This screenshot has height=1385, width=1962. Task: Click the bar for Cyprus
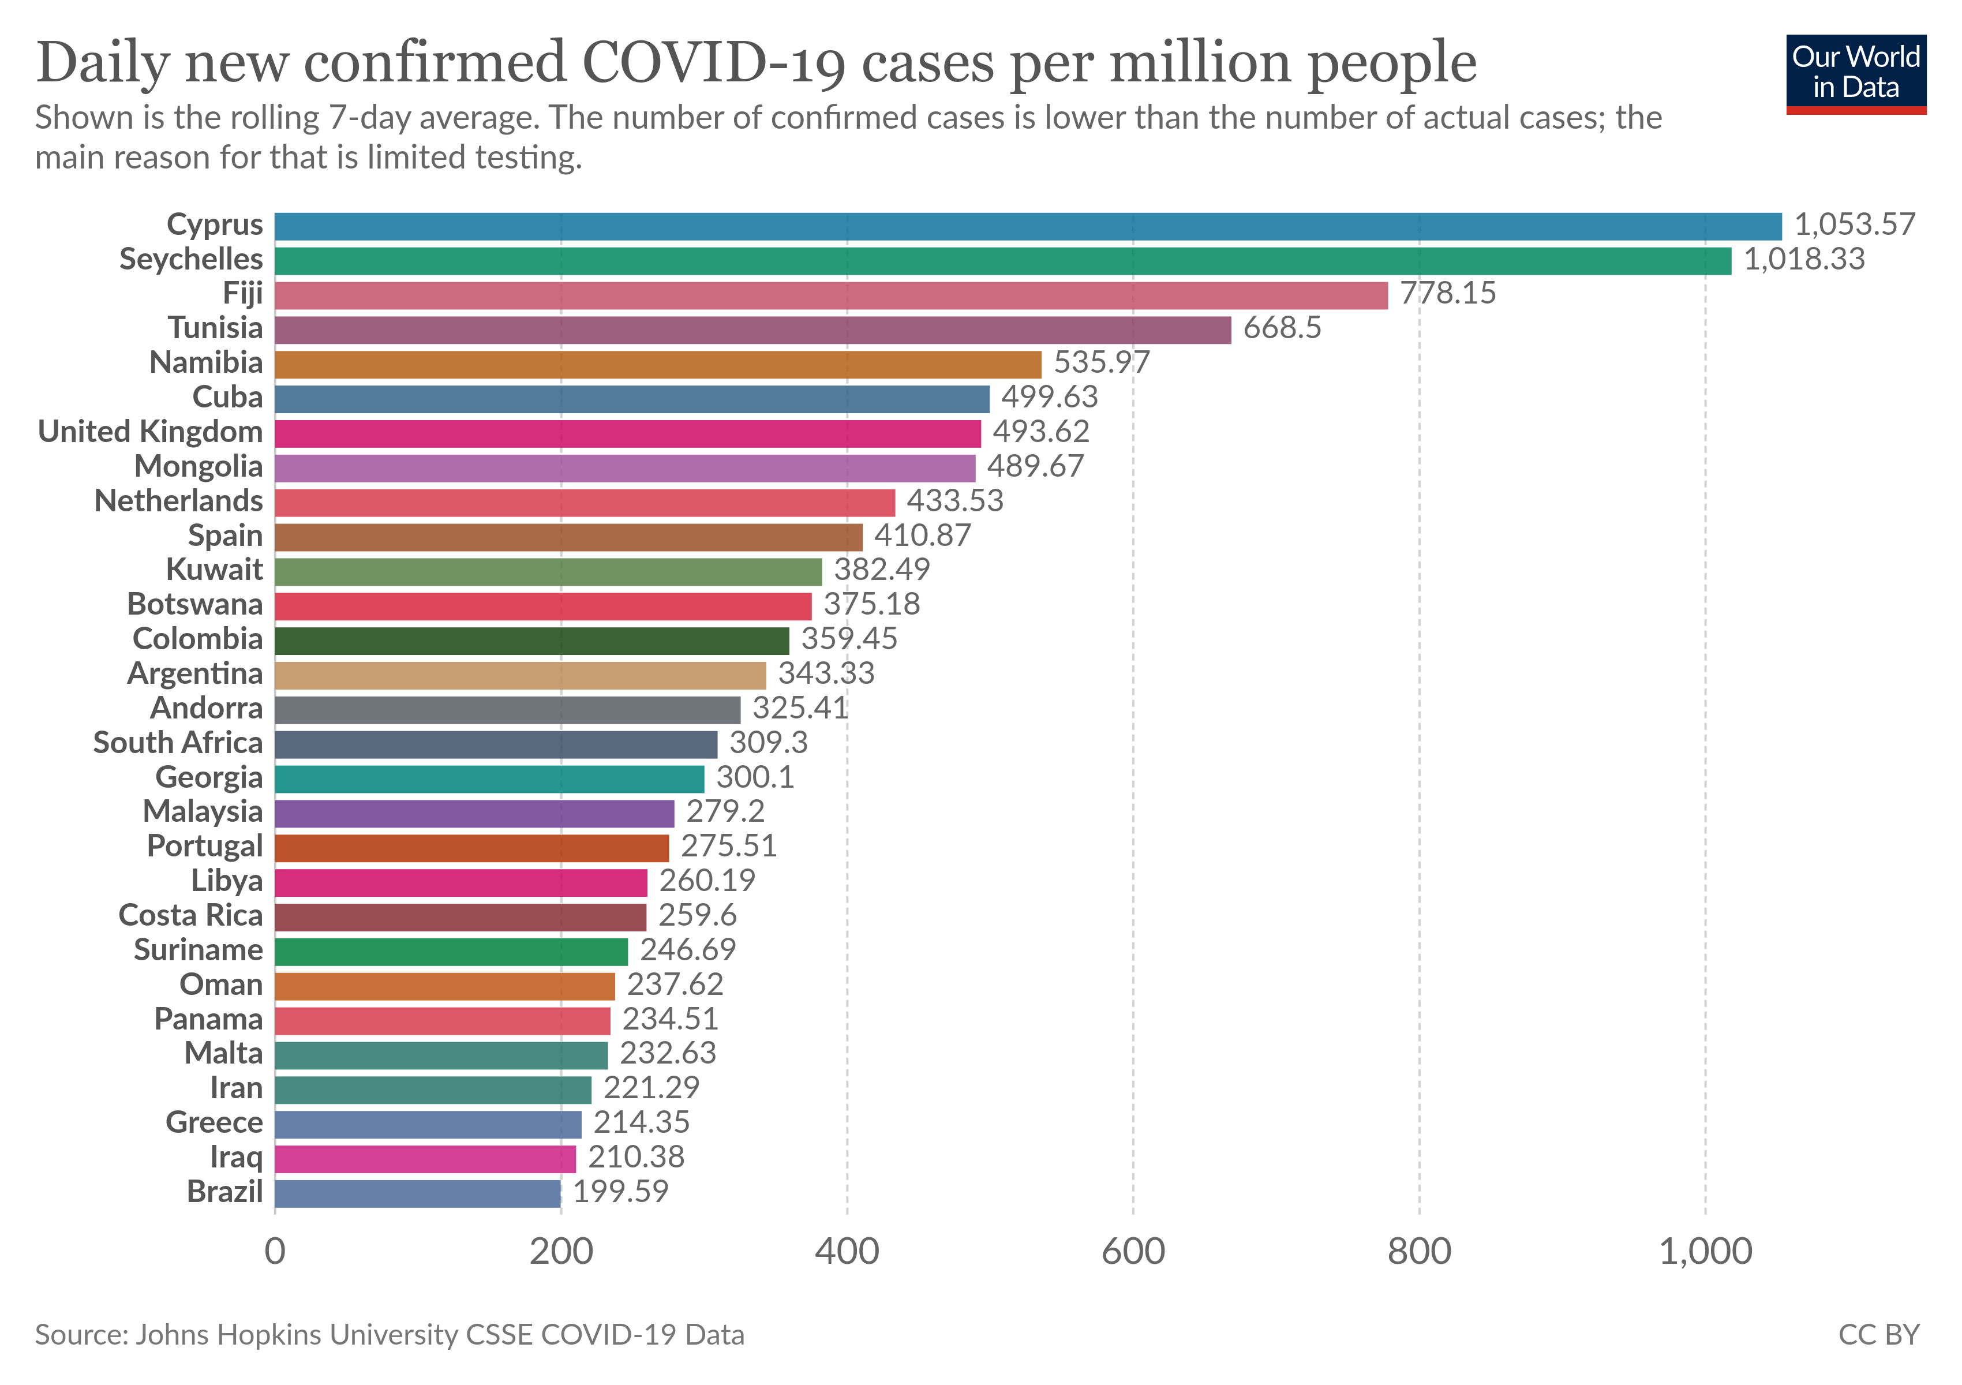pos(1028,226)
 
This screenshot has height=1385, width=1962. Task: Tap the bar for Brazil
pos(418,1193)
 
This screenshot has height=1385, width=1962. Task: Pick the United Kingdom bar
pos(627,433)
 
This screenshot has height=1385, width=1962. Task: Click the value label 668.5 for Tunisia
pos(1282,328)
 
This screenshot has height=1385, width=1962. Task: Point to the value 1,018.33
pos(1804,259)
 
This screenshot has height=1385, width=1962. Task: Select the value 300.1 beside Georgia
pos(755,777)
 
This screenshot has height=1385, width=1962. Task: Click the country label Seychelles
pos(192,259)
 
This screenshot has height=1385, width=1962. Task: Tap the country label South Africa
pos(178,743)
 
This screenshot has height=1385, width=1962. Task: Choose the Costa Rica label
pos(190,916)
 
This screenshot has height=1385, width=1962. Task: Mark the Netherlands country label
pos(178,501)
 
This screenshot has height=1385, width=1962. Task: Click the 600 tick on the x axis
pos(1133,1252)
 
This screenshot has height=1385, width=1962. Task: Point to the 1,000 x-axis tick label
pos(1705,1252)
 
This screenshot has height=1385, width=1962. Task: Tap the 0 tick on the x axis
pos(275,1252)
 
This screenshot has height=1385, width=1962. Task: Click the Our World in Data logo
pos(1855,73)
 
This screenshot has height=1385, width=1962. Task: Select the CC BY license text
pos(1878,1335)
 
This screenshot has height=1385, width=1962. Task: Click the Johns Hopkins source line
pos(390,1335)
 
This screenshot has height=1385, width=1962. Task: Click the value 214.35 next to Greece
pos(641,1122)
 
